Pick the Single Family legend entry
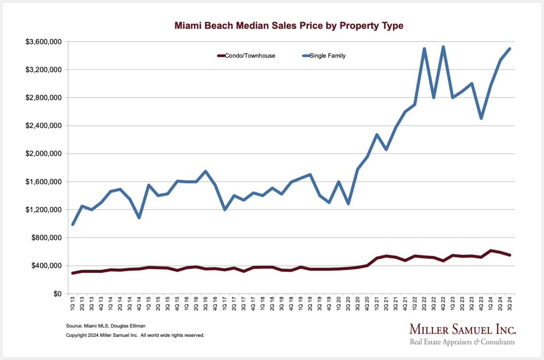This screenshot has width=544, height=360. [327, 56]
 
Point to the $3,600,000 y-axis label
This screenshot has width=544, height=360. [44, 42]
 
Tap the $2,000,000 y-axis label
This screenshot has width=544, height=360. [44, 154]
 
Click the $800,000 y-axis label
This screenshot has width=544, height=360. [47, 238]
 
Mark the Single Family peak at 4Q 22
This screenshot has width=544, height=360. [443, 47]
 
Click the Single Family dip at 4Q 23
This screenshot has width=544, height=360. [481, 118]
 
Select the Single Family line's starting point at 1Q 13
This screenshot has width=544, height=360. [73, 224]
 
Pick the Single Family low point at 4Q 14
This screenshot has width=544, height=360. [139, 218]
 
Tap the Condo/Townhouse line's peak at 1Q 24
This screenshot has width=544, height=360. [491, 251]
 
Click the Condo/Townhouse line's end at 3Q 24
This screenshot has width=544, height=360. [510, 255]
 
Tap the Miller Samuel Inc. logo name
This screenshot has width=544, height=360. [462, 329]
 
